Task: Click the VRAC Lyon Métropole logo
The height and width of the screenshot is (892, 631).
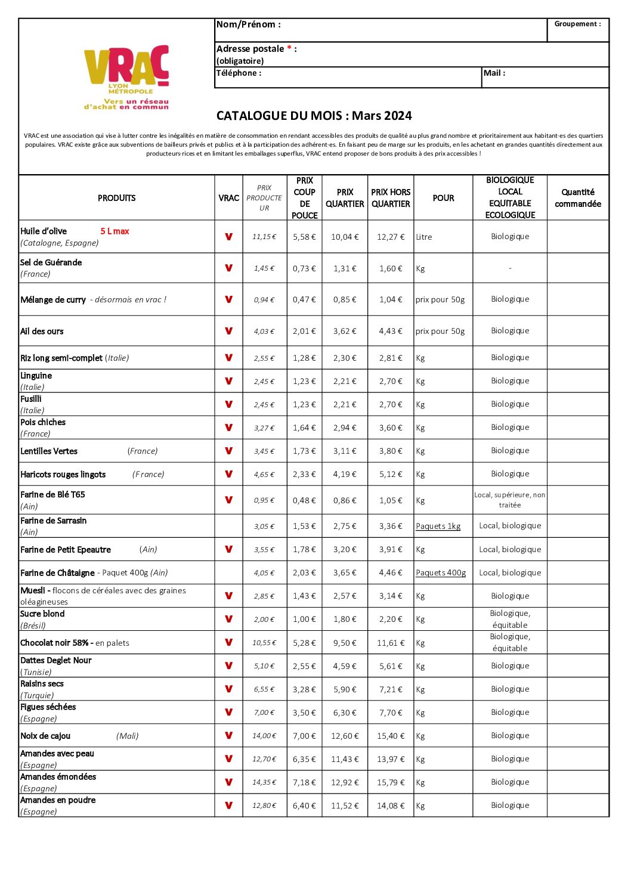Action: coord(126,77)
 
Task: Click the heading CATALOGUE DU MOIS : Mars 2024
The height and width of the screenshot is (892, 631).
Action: coord(314,116)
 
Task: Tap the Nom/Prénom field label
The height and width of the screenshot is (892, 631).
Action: coord(248,24)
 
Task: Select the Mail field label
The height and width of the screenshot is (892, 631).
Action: coord(494,73)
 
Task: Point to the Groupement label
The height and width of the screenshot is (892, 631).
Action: coord(577,24)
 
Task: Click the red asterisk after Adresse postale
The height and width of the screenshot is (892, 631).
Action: coord(289,48)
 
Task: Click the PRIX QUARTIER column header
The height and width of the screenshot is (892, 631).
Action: coord(345,198)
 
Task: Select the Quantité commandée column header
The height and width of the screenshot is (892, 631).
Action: coord(577,198)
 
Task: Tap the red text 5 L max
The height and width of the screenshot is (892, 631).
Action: coord(115,231)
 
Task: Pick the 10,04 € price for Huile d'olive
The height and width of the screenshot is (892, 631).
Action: coord(345,237)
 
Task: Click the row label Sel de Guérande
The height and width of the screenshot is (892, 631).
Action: coord(51,262)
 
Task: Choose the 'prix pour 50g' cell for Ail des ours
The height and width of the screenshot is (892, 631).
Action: coord(440,332)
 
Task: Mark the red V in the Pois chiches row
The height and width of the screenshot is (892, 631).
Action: coord(228,428)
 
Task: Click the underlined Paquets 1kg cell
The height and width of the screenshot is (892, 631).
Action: coord(438,526)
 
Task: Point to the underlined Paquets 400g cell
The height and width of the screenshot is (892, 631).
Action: coord(441,572)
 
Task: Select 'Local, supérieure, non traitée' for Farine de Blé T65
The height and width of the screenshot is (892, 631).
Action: coord(510,500)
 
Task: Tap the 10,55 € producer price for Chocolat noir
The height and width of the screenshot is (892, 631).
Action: coord(264,643)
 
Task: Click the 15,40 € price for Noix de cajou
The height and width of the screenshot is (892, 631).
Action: coord(391,736)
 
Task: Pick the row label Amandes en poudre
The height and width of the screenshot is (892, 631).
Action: coord(58,800)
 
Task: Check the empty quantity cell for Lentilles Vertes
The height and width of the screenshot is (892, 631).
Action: coord(577,451)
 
